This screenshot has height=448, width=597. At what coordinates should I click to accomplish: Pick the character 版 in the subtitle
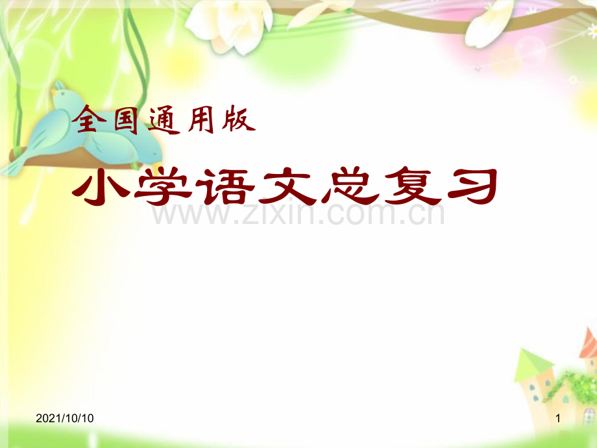240,121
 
